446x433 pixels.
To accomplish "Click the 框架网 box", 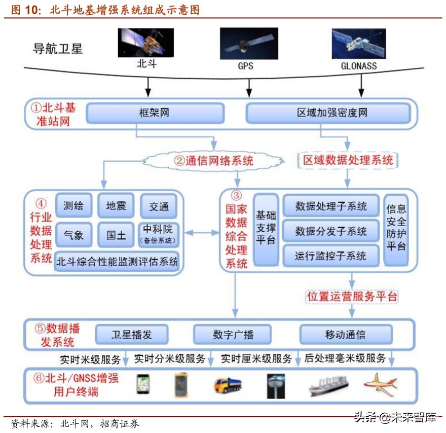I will point(155,113).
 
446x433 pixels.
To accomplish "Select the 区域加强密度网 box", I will point(328,113).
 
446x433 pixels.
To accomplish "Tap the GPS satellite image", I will point(249,44).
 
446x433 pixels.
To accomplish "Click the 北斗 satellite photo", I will point(146,43).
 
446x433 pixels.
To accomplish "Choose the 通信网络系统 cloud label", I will point(213,161).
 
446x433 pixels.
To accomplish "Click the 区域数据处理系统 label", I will point(348,161).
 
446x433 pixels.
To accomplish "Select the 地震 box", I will point(116,206).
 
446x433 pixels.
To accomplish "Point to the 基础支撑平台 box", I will point(266,229).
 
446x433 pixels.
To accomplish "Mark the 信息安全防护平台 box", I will point(396,228).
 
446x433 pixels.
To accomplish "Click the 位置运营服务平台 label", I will point(352,297).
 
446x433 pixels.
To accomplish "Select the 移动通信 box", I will point(345,335).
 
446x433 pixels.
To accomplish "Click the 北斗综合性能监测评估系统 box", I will point(117,262).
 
